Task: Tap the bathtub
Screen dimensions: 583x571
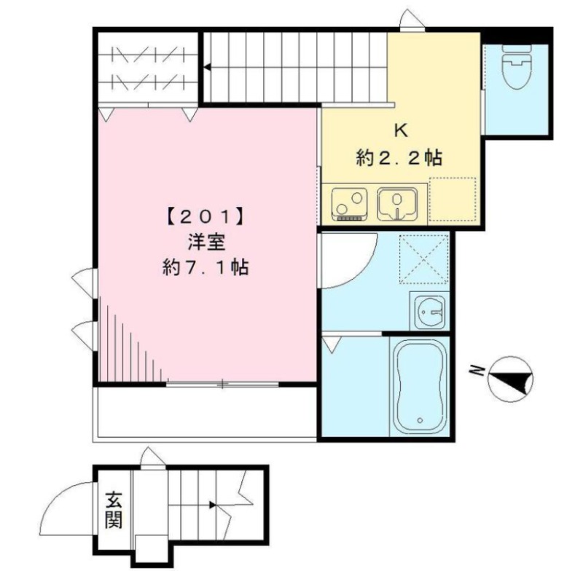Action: [x=420, y=386]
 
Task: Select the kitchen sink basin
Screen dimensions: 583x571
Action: [x=397, y=205]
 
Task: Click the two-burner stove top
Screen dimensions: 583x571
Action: [x=350, y=205]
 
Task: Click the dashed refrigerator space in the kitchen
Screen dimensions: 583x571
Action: [x=453, y=200]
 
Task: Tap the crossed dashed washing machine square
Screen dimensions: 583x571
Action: [x=423, y=259]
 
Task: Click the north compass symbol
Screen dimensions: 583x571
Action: [x=510, y=379]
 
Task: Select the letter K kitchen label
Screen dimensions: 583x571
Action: [x=401, y=131]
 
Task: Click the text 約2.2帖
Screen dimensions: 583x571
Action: [x=399, y=158]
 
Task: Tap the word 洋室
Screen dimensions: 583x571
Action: [x=206, y=243]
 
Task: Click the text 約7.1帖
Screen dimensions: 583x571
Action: [x=206, y=267]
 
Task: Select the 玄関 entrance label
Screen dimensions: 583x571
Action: [x=114, y=510]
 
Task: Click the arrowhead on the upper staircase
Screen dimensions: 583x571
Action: [x=207, y=68]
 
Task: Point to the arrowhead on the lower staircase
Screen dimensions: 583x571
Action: [x=213, y=505]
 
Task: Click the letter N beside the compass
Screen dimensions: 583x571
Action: [x=476, y=371]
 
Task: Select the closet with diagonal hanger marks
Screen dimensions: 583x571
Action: [x=148, y=68]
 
